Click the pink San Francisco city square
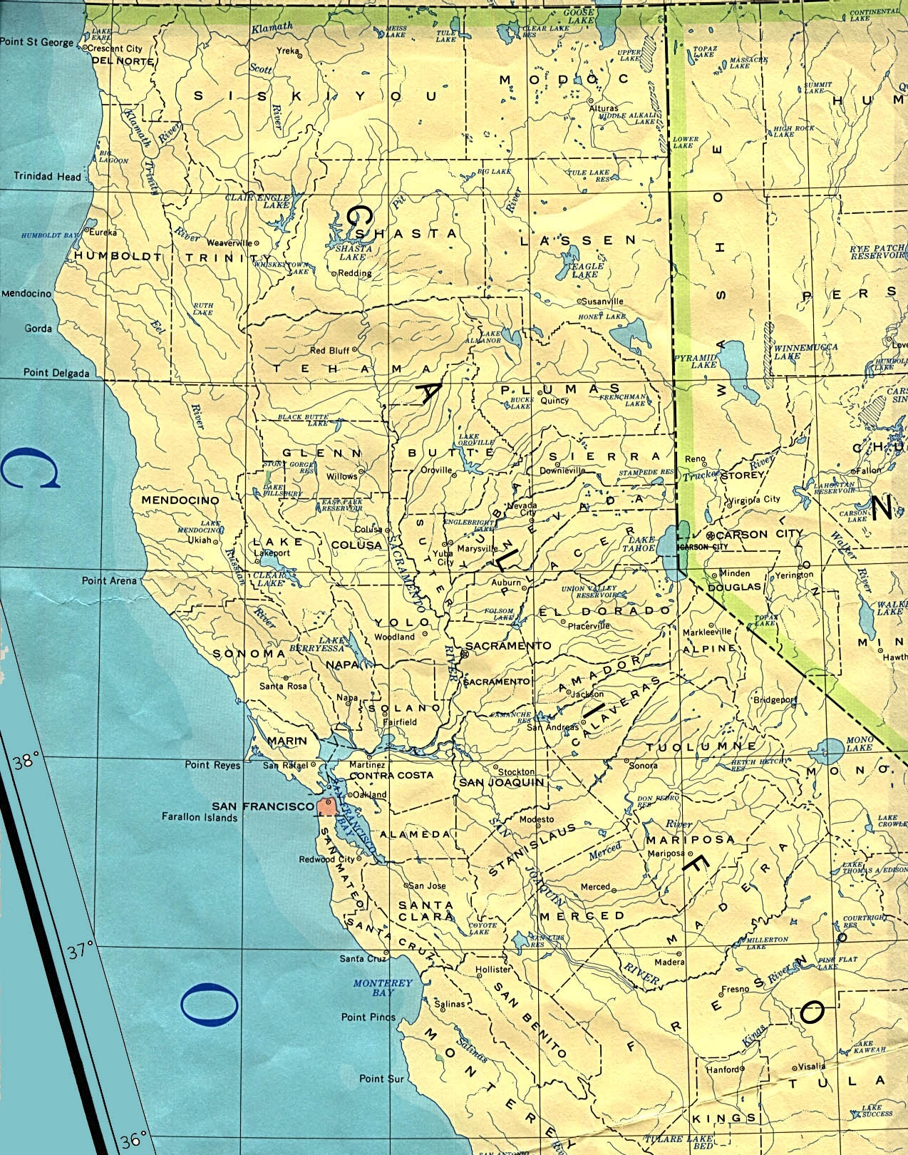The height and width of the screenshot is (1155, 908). pyautogui.click(x=327, y=806)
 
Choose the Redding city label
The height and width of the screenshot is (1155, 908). pyautogui.click(x=355, y=273)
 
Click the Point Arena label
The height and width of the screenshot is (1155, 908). pyautogui.click(x=109, y=580)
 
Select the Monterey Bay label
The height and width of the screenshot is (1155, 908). pyautogui.click(x=383, y=987)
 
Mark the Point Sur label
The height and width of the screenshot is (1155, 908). pyautogui.click(x=381, y=1079)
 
